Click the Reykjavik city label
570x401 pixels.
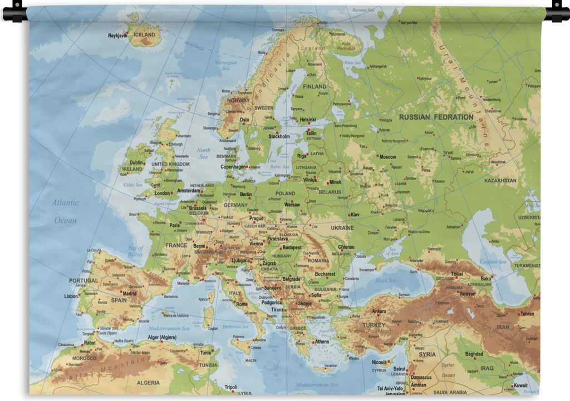coord(117,35)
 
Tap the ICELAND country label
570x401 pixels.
coord(145,34)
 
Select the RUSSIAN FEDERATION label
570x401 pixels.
coord(436,117)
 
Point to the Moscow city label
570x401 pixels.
coord(387,157)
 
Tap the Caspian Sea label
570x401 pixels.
coord(493,261)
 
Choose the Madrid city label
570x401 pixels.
coord(129,293)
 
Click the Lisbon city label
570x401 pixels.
coord(71,296)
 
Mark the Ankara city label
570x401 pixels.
coord(379,311)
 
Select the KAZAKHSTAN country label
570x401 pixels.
coord(500,181)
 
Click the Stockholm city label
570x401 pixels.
coord(279,136)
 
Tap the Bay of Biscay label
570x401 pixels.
coord(135,251)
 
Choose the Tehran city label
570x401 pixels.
coord(527,314)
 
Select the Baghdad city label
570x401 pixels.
coord(474,354)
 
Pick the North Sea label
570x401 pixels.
coord(203,154)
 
